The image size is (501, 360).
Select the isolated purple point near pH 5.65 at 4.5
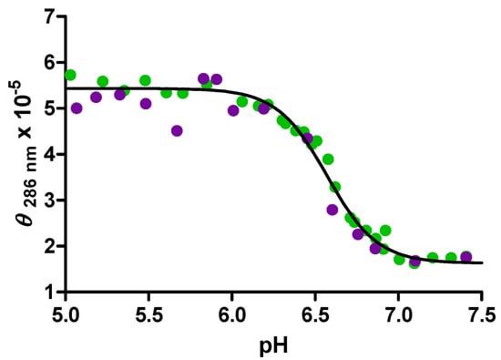point(177,130)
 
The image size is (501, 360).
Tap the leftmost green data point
point(70,75)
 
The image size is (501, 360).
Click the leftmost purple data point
point(77,108)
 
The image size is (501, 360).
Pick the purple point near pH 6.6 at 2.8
point(332,210)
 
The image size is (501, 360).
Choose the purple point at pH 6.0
point(233,110)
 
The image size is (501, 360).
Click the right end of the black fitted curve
point(481,262)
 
